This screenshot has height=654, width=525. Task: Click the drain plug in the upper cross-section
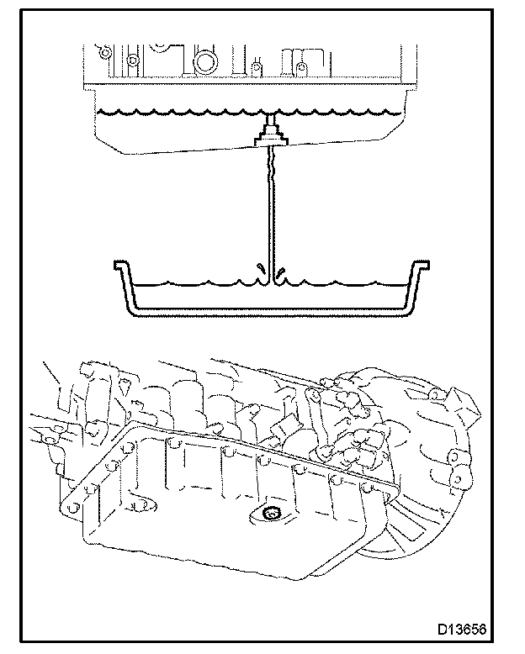coord(269,135)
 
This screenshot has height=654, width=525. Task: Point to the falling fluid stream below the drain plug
coord(269,210)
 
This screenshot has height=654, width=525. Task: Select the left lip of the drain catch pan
coord(123,268)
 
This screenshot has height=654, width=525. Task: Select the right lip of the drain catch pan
coord(419,268)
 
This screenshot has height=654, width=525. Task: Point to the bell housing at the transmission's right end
coord(437,471)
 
